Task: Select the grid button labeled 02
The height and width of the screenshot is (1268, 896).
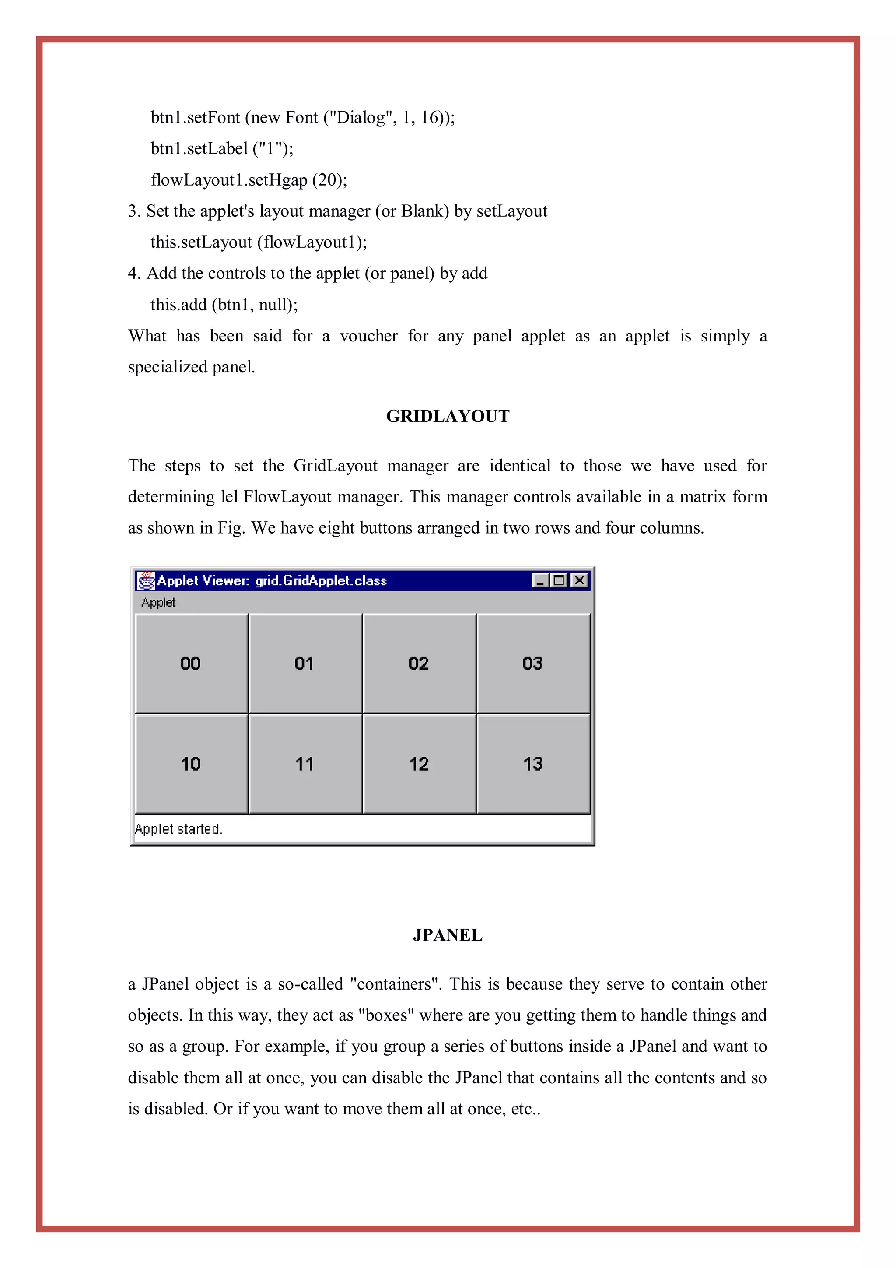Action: pos(418,663)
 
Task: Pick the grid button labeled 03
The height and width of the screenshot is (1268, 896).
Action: pos(533,663)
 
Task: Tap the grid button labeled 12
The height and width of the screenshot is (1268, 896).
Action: pos(418,764)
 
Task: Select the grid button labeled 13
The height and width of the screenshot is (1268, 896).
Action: pos(533,764)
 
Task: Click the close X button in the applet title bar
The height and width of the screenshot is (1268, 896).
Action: pos(579,580)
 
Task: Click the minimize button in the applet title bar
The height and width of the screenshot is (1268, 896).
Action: pos(540,580)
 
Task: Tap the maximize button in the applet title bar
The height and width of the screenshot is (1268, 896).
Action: pos(559,580)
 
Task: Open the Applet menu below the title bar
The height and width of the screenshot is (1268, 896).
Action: pos(158,603)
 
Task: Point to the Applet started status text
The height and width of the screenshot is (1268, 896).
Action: pos(178,829)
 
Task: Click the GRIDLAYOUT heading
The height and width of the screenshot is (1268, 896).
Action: pos(448,416)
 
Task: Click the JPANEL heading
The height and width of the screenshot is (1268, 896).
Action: pos(448,935)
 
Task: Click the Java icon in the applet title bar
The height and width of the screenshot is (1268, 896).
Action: pos(146,580)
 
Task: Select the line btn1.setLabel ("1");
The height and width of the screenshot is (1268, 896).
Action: pos(222,148)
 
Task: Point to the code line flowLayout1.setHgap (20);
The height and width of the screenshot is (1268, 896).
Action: pos(249,180)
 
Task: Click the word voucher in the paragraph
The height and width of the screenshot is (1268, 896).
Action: pos(368,336)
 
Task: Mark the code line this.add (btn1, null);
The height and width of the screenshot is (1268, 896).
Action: pos(224,305)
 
